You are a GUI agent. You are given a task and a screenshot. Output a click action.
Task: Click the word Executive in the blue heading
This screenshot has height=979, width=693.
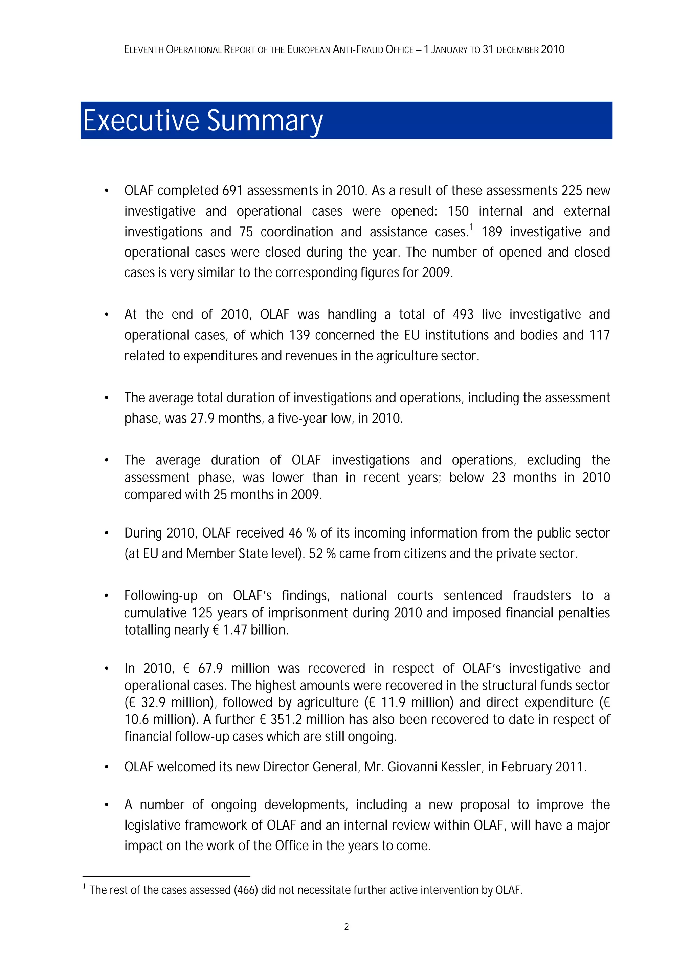pos(141,121)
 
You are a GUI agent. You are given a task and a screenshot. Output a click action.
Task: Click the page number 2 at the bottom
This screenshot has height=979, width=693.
pos(346,927)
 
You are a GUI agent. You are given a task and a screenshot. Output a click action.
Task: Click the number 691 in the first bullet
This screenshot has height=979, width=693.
pos(232,191)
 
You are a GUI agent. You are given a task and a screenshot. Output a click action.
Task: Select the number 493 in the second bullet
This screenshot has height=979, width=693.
pos(463,315)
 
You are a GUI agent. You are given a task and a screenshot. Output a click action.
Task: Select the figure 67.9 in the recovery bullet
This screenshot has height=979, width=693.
pos(210,669)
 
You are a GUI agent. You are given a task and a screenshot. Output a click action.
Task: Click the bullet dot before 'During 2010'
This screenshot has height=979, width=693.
pos(107,533)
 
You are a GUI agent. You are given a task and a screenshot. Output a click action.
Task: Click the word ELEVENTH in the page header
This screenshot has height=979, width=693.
pos(144,50)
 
